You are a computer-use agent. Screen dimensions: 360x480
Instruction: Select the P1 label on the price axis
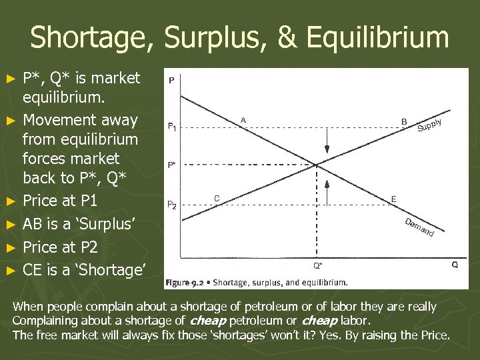tap(172, 126)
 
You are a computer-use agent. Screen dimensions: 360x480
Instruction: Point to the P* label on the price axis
tap(172, 164)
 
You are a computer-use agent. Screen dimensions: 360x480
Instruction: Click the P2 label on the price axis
tap(172, 205)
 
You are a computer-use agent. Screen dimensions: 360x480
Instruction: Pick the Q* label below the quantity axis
tap(318, 265)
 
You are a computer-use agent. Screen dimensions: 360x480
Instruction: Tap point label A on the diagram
tap(243, 120)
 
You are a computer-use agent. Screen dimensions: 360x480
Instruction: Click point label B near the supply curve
tap(405, 121)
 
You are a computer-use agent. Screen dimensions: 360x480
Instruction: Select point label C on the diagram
tap(217, 198)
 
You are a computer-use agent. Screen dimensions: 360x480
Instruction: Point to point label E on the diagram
tap(394, 199)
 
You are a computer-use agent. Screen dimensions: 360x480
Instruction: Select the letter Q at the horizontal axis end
tap(455, 265)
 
